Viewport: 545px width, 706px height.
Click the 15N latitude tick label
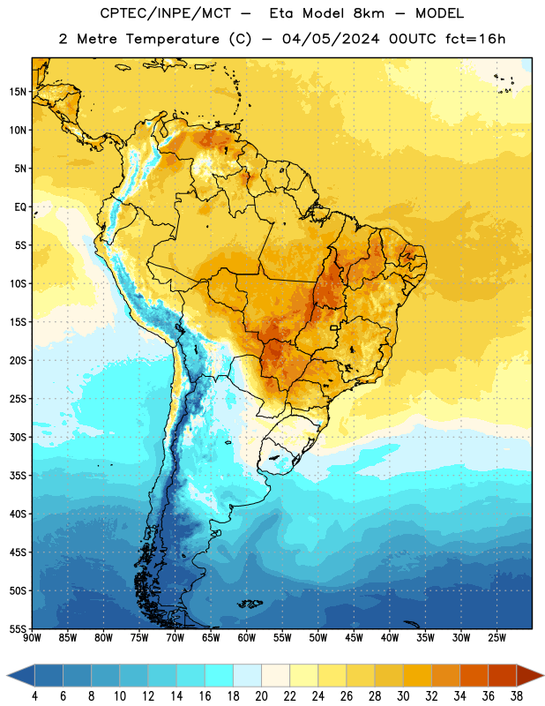[x=18, y=92]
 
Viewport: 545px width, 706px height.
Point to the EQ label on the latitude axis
[x=20, y=207]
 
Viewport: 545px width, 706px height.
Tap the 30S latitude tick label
[x=18, y=437]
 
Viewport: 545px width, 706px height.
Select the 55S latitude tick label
[x=18, y=629]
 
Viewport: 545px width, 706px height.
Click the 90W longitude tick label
[x=32, y=638]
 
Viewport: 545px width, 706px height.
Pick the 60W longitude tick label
[x=247, y=638]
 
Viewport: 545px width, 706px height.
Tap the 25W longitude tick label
[x=496, y=638]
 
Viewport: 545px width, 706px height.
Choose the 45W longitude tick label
[x=354, y=638]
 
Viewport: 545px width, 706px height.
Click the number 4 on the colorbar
[x=34, y=696]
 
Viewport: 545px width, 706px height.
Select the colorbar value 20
[x=261, y=696]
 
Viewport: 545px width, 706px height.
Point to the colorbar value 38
[x=517, y=696]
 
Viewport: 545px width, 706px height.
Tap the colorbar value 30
[x=403, y=696]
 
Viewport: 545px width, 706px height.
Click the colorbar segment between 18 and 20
[x=248, y=675]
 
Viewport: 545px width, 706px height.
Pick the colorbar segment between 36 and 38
[x=503, y=675]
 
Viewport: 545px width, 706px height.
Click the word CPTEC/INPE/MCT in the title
[x=165, y=13]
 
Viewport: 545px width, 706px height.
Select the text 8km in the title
[x=369, y=13]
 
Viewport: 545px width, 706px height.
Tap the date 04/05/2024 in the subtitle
[x=331, y=39]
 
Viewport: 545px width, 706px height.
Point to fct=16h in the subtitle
[x=475, y=39]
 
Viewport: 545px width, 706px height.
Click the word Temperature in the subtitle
[x=172, y=39]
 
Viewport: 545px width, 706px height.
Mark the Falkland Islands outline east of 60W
[x=250, y=604]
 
